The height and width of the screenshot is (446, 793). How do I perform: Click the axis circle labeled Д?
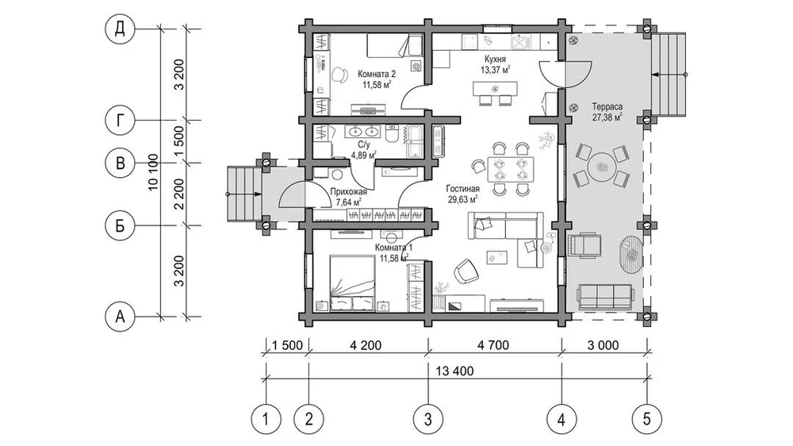[x=120, y=29]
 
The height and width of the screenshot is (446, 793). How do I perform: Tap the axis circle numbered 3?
[x=428, y=419]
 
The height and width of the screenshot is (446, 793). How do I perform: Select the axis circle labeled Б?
[x=120, y=225]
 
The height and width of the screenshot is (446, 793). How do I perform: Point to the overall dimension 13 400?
[x=454, y=371]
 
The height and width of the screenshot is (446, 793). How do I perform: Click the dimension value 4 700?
[x=492, y=345]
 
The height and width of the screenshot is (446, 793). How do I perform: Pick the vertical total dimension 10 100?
[x=154, y=172]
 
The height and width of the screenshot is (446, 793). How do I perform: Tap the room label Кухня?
[x=495, y=60]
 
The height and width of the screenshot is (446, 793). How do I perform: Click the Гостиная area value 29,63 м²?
[x=463, y=199]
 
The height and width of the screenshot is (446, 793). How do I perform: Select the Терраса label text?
[x=607, y=107]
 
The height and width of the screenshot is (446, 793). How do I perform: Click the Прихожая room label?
[x=348, y=192]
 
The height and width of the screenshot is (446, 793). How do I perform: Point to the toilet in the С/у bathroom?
[x=393, y=133]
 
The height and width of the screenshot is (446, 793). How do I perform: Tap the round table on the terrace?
[x=601, y=167]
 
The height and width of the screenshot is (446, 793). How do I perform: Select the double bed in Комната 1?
[x=353, y=283]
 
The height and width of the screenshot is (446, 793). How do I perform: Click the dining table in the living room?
[x=510, y=170]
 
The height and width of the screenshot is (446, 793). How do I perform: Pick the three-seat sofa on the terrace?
[x=605, y=297]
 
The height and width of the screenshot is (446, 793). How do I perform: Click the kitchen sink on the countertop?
[x=520, y=42]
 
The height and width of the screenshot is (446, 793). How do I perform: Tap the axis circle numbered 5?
[x=647, y=419]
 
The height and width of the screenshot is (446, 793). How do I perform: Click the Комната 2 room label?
[x=377, y=75]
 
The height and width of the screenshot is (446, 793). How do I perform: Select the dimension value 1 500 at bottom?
[x=287, y=345]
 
